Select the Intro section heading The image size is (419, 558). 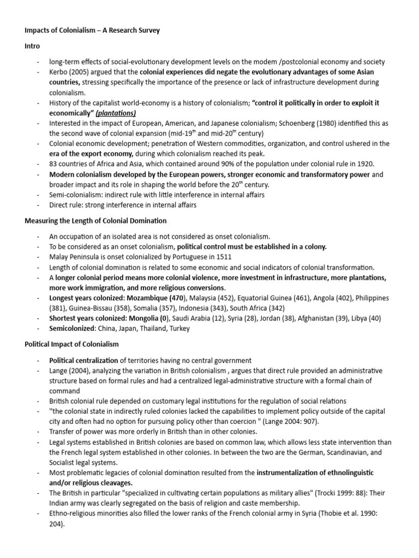click(x=32, y=46)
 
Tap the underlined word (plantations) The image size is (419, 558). click(x=116, y=113)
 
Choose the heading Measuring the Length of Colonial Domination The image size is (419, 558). click(x=96, y=221)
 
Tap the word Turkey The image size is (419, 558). click(x=179, y=329)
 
